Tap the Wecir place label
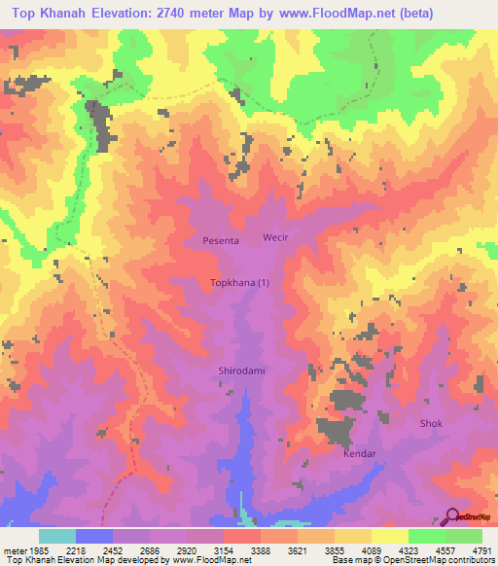pyautogui.click(x=276, y=237)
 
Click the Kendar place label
pyautogui.click(x=359, y=454)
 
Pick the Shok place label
pyautogui.click(x=431, y=424)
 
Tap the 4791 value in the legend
pyautogui.click(x=481, y=549)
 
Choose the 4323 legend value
pyautogui.click(x=408, y=549)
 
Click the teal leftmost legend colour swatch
pyautogui.click(x=56, y=536)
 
